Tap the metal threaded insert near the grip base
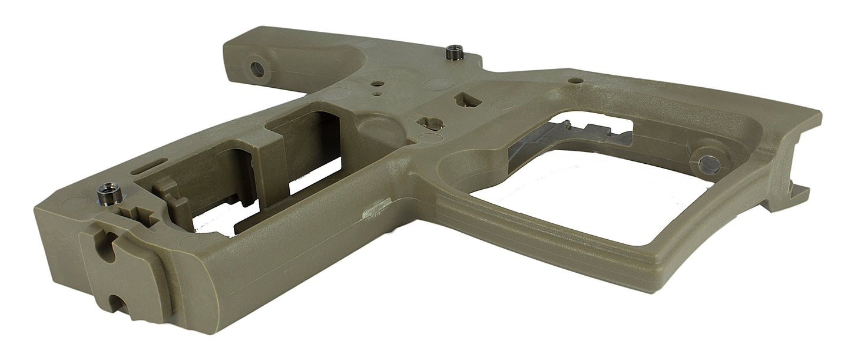(110, 191)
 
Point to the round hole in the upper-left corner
(257, 70)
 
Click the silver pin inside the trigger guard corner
(708, 164)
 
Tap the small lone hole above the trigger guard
(577, 80)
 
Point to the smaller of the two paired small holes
(375, 93)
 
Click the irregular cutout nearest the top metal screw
(468, 101)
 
